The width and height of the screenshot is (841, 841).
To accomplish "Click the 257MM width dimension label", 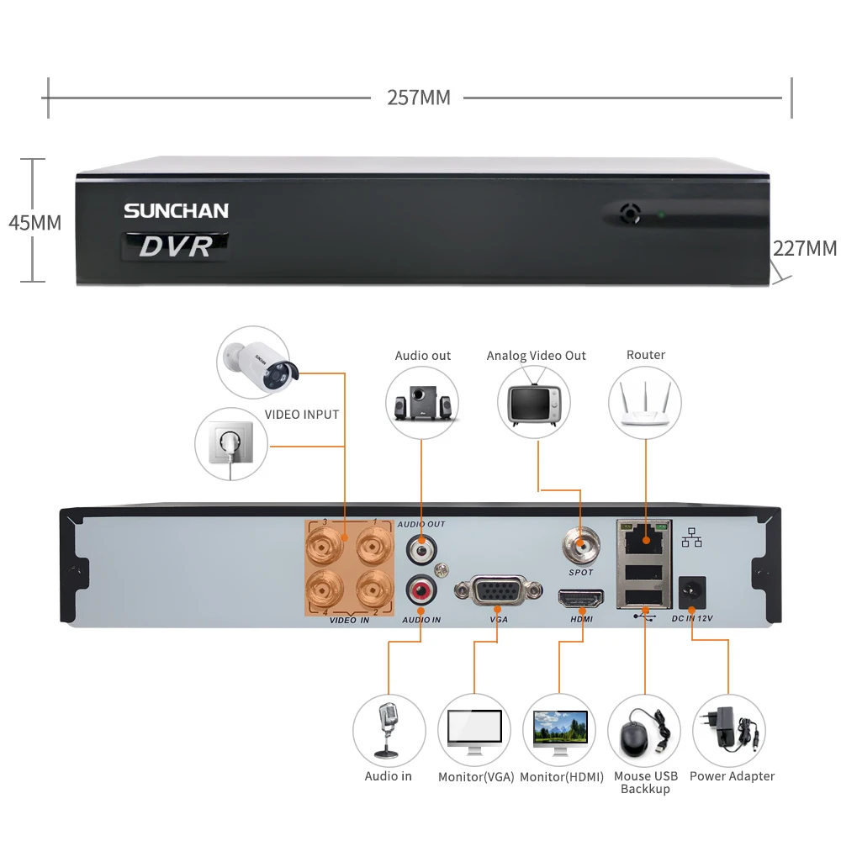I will click(418, 98).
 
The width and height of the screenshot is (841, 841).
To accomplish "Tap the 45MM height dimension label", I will click(34, 223).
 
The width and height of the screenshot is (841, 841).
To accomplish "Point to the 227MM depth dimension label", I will click(805, 248).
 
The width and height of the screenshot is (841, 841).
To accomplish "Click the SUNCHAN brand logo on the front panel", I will click(176, 210).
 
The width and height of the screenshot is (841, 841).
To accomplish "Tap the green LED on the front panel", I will click(662, 215).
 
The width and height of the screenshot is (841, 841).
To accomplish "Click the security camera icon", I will click(254, 364).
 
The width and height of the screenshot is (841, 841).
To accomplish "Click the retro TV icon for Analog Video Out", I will click(534, 403).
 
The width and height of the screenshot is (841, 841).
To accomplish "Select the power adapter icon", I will click(728, 729).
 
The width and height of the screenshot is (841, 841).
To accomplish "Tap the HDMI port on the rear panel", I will click(580, 599).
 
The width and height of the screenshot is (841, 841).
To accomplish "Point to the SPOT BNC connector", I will click(580, 544).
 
